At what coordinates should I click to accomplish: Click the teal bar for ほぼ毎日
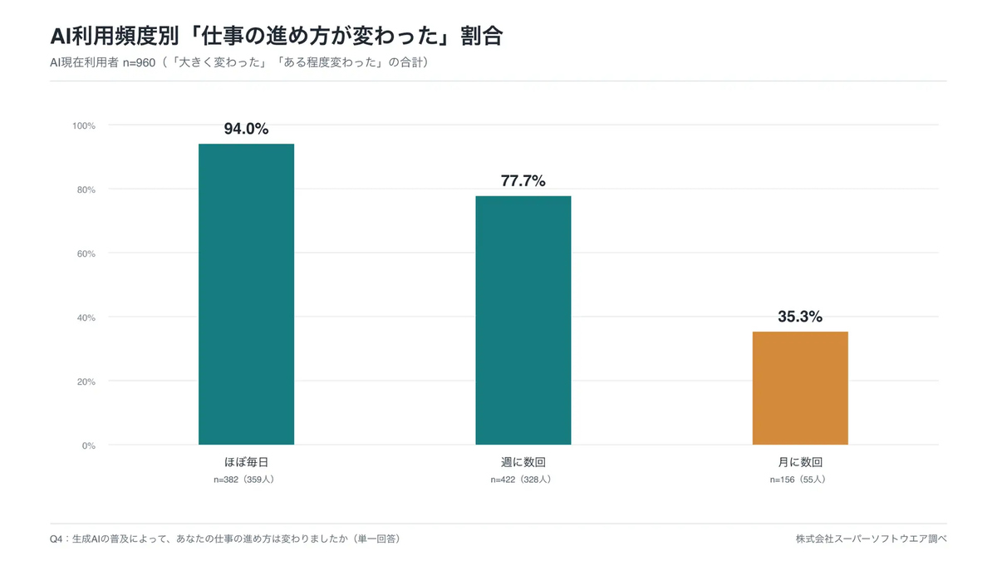(x=246, y=294)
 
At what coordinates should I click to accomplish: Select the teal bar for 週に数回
(x=523, y=320)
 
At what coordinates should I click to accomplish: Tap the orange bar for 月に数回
(x=800, y=388)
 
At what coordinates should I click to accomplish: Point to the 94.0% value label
(x=246, y=129)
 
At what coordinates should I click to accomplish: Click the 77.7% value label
(x=523, y=181)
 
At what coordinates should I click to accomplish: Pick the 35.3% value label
(x=800, y=317)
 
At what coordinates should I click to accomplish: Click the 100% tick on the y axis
(x=84, y=126)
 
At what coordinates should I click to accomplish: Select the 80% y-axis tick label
(x=86, y=190)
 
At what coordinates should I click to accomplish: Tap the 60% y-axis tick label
(x=86, y=253)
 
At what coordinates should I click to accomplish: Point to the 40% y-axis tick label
(x=86, y=317)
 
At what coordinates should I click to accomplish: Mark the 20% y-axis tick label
(x=86, y=382)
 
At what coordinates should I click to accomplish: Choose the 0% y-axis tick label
(x=89, y=445)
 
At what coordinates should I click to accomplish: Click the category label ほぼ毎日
(x=246, y=462)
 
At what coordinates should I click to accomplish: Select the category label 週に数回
(x=523, y=462)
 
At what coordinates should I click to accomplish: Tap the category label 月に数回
(x=800, y=462)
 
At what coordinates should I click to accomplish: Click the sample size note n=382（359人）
(x=244, y=480)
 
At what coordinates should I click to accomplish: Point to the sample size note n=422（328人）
(x=521, y=480)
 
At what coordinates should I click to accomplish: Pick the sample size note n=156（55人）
(x=798, y=480)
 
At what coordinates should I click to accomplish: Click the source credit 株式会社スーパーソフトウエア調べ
(x=871, y=539)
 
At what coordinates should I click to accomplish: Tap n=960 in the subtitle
(x=139, y=63)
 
